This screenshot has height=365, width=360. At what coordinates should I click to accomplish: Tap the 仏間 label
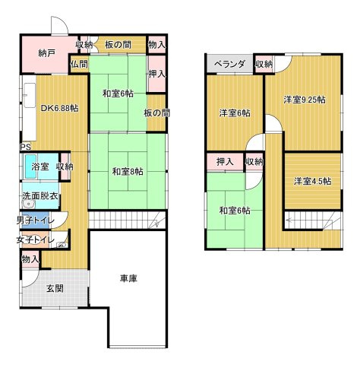pyautogui.click(x=79, y=65)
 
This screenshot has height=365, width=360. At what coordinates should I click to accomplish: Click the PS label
pyautogui.click(x=25, y=148)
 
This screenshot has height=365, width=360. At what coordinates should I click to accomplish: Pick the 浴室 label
pyautogui.click(x=39, y=167)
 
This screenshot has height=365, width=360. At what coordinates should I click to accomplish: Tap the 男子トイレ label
pyautogui.click(x=35, y=221)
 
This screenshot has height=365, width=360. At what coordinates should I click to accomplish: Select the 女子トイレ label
pyautogui.click(x=35, y=240)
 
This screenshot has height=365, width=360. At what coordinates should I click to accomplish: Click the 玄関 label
pyautogui.click(x=54, y=289)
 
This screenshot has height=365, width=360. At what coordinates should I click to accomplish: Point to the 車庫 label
pyautogui.click(x=128, y=279)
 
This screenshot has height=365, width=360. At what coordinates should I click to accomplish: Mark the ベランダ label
pyautogui.click(x=229, y=65)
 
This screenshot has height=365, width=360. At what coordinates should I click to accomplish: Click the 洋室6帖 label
pyautogui.click(x=235, y=113)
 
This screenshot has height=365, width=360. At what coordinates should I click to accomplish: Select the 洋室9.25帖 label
pyautogui.click(x=305, y=100)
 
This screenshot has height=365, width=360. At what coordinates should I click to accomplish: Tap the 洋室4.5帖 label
pyautogui.click(x=313, y=181)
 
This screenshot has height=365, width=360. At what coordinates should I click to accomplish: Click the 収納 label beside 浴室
pyautogui.click(x=65, y=167)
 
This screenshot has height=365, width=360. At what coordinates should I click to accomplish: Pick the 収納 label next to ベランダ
pyautogui.click(x=264, y=65)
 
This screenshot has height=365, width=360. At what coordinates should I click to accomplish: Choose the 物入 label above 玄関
pyautogui.click(x=30, y=259)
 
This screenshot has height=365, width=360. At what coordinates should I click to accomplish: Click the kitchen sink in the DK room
pyautogui.click(x=28, y=97)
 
